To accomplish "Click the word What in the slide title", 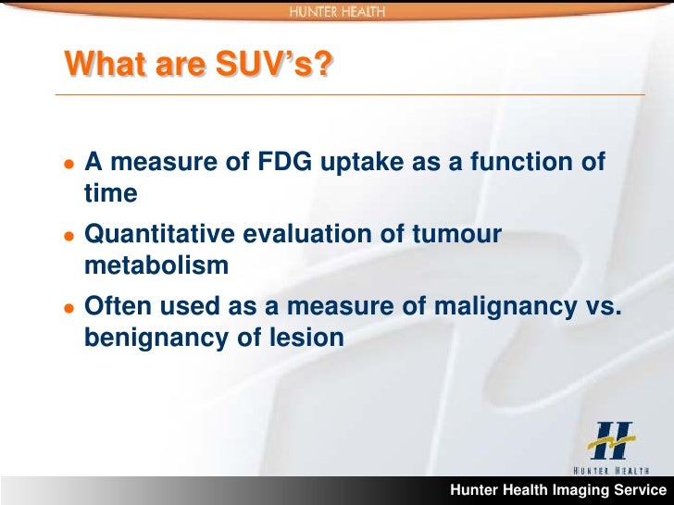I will (x=98, y=66).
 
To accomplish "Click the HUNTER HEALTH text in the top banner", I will (x=336, y=11).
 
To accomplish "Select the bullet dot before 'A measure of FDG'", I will (x=68, y=165).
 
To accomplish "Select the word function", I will (x=523, y=163).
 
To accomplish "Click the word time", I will (x=110, y=193).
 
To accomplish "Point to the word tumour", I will (x=457, y=235).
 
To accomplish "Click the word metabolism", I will (x=156, y=265).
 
